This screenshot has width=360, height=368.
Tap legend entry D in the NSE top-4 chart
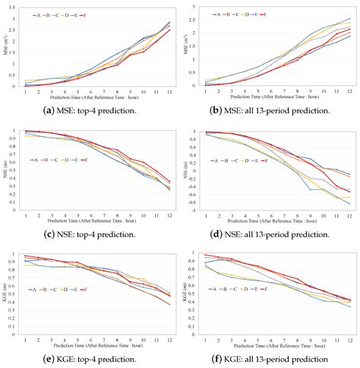[93, 161]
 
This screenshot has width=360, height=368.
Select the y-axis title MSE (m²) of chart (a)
[6, 47]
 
